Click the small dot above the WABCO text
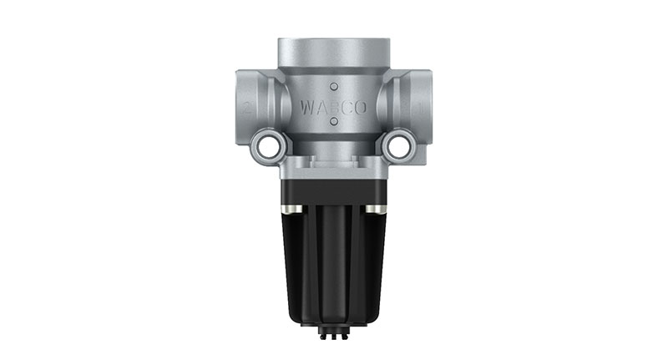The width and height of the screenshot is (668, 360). [333, 85]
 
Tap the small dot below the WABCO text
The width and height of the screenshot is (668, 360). [333, 123]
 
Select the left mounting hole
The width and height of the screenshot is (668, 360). [269, 147]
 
